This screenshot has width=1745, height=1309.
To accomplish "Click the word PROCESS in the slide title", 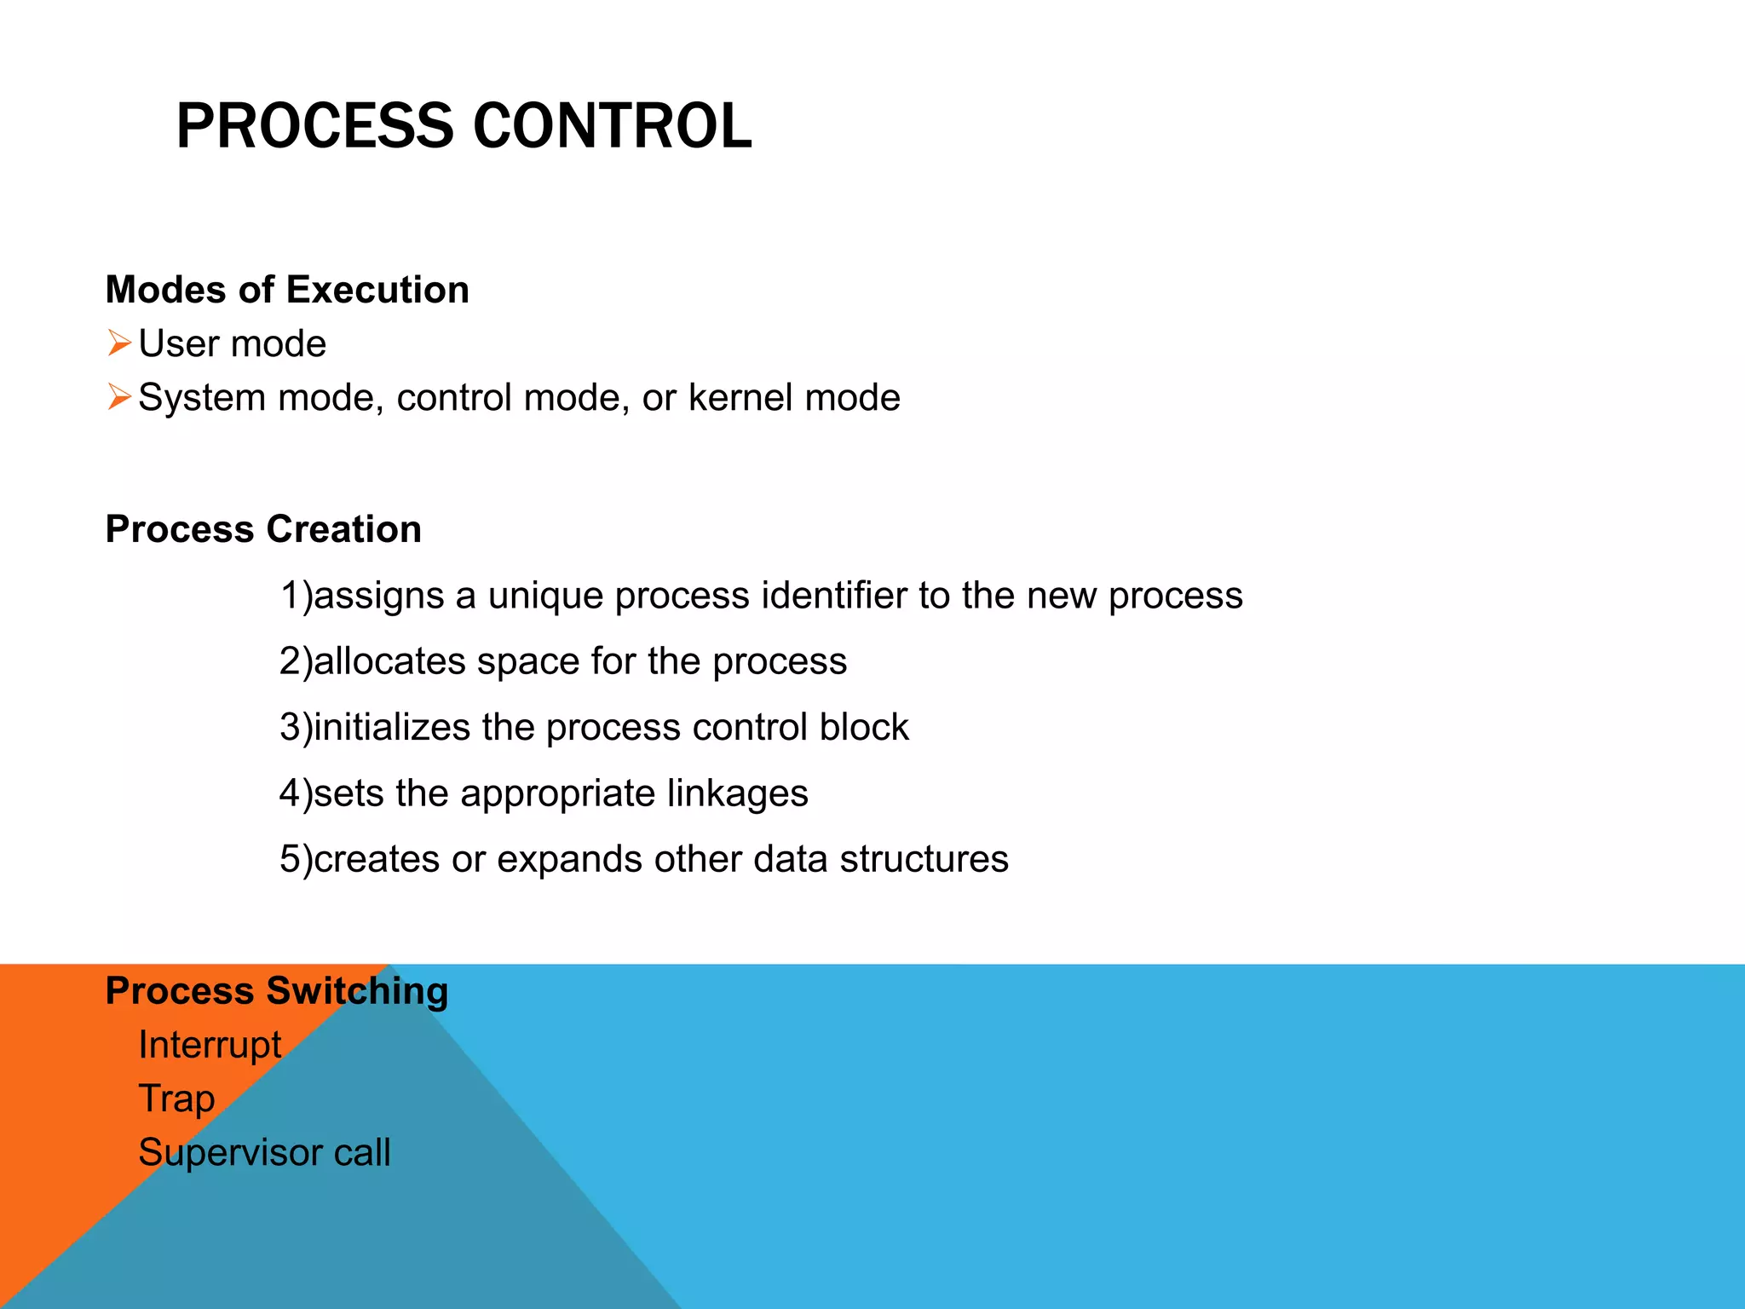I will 315,126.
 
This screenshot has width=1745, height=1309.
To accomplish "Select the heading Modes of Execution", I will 287,290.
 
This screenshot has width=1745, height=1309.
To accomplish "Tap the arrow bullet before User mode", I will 119,343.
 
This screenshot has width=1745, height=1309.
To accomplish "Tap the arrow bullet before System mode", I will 119,397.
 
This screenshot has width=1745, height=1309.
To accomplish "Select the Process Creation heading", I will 263,529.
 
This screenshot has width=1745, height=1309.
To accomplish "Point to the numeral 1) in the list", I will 295,596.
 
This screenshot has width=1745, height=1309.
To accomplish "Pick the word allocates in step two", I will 389,661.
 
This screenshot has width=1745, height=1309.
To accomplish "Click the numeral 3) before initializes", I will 295,728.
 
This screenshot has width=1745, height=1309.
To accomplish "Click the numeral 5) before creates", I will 295,859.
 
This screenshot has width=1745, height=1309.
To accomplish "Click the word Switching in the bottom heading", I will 357,991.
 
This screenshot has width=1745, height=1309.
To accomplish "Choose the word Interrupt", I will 210,1045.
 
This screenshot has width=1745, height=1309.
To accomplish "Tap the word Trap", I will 176,1099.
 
